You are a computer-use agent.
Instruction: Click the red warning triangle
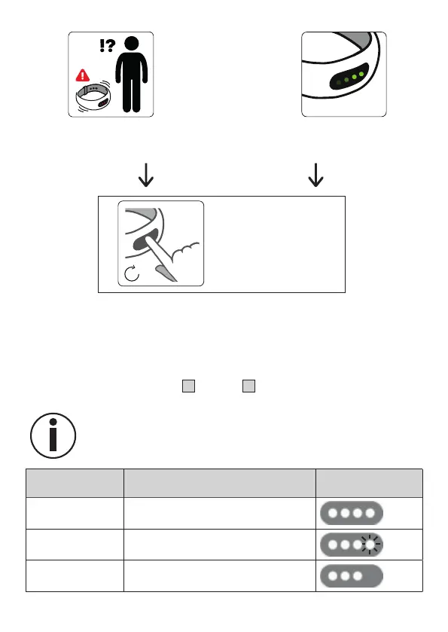[x=83, y=75]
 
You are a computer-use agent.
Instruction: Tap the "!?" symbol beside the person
[x=107, y=45]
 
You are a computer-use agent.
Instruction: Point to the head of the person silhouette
[x=132, y=44]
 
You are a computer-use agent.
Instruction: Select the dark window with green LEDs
[x=349, y=77]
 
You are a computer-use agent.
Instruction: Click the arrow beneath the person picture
[x=146, y=175]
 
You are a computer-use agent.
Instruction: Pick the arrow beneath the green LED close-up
[x=315, y=175]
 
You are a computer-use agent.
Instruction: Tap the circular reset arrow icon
[x=132, y=273]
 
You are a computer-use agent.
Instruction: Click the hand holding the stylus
[x=184, y=252]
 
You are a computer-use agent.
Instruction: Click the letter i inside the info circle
[x=53, y=435]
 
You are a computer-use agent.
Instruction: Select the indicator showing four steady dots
[x=352, y=513]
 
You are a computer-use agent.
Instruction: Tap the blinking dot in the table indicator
[x=370, y=545]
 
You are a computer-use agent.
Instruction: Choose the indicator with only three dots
[x=352, y=576]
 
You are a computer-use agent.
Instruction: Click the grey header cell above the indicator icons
[x=369, y=483]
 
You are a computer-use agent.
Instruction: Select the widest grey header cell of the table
[x=220, y=483]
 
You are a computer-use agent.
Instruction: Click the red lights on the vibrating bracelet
[x=103, y=102]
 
